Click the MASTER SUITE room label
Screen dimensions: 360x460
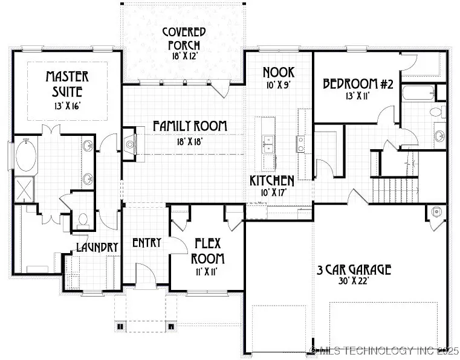pos(68,85)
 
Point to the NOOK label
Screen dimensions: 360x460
pos(278,73)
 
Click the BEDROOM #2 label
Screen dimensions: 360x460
pos(358,84)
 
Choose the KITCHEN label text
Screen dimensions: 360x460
pos(273,181)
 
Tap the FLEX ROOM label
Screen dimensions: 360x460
pos(209,251)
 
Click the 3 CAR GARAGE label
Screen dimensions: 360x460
pos(354,269)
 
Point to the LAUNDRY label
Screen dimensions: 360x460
pos(96,246)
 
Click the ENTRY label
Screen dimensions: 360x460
pos(146,242)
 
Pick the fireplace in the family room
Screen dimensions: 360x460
pos(129,144)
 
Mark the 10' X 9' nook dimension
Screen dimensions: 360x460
pos(277,85)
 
